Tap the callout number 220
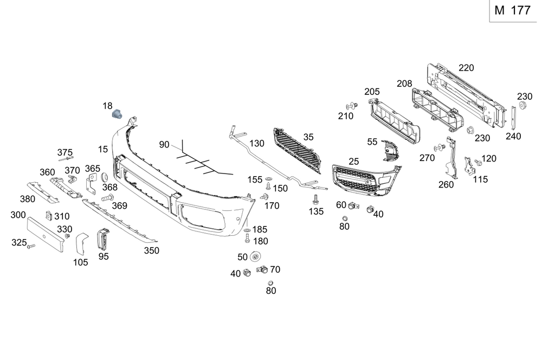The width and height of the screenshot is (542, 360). (x=466, y=68)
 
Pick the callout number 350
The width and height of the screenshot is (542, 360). (x=152, y=250)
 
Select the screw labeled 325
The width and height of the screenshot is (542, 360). (x=31, y=246)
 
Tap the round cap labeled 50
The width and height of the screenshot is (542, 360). (x=257, y=257)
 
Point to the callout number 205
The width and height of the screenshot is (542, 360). (x=372, y=92)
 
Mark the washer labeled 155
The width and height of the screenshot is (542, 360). (x=270, y=180)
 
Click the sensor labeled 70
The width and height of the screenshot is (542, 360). (x=261, y=269)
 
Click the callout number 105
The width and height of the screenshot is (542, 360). (x=81, y=263)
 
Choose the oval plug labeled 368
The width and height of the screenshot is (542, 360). (x=105, y=177)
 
